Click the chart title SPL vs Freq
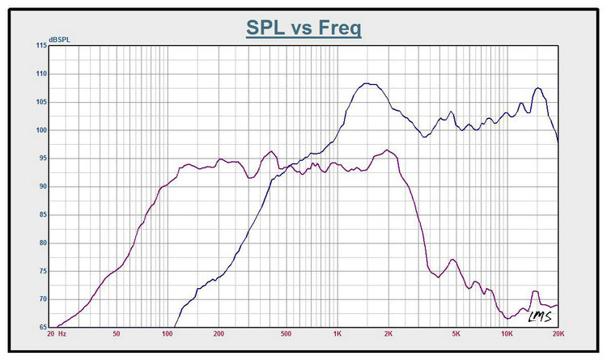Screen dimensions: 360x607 pyautogui.click(x=303, y=28)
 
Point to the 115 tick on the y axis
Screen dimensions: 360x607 pyautogui.click(x=41, y=45)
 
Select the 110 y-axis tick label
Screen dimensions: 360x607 pyautogui.click(x=41, y=74)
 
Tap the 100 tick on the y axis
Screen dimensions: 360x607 pyautogui.click(x=41, y=130)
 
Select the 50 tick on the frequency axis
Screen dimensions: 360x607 pyautogui.click(x=117, y=334)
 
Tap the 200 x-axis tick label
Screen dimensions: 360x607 pyautogui.click(x=218, y=334)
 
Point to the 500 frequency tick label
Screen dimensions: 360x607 pyautogui.click(x=286, y=334)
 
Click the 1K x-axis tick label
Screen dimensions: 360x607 pyautogui.click(x=337, y=334)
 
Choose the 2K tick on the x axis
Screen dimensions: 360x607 pyautogui.click(x=388, y=334)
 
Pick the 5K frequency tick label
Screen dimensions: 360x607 pyautogui.click(x=456, y=334)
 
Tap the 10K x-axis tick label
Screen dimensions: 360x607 pyautogui.click(x=507, y=334)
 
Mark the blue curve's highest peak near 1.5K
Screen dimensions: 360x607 pyautogui.click(x=367, y=83)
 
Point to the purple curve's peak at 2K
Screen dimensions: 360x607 pyautogui.click(x=388, y=150)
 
